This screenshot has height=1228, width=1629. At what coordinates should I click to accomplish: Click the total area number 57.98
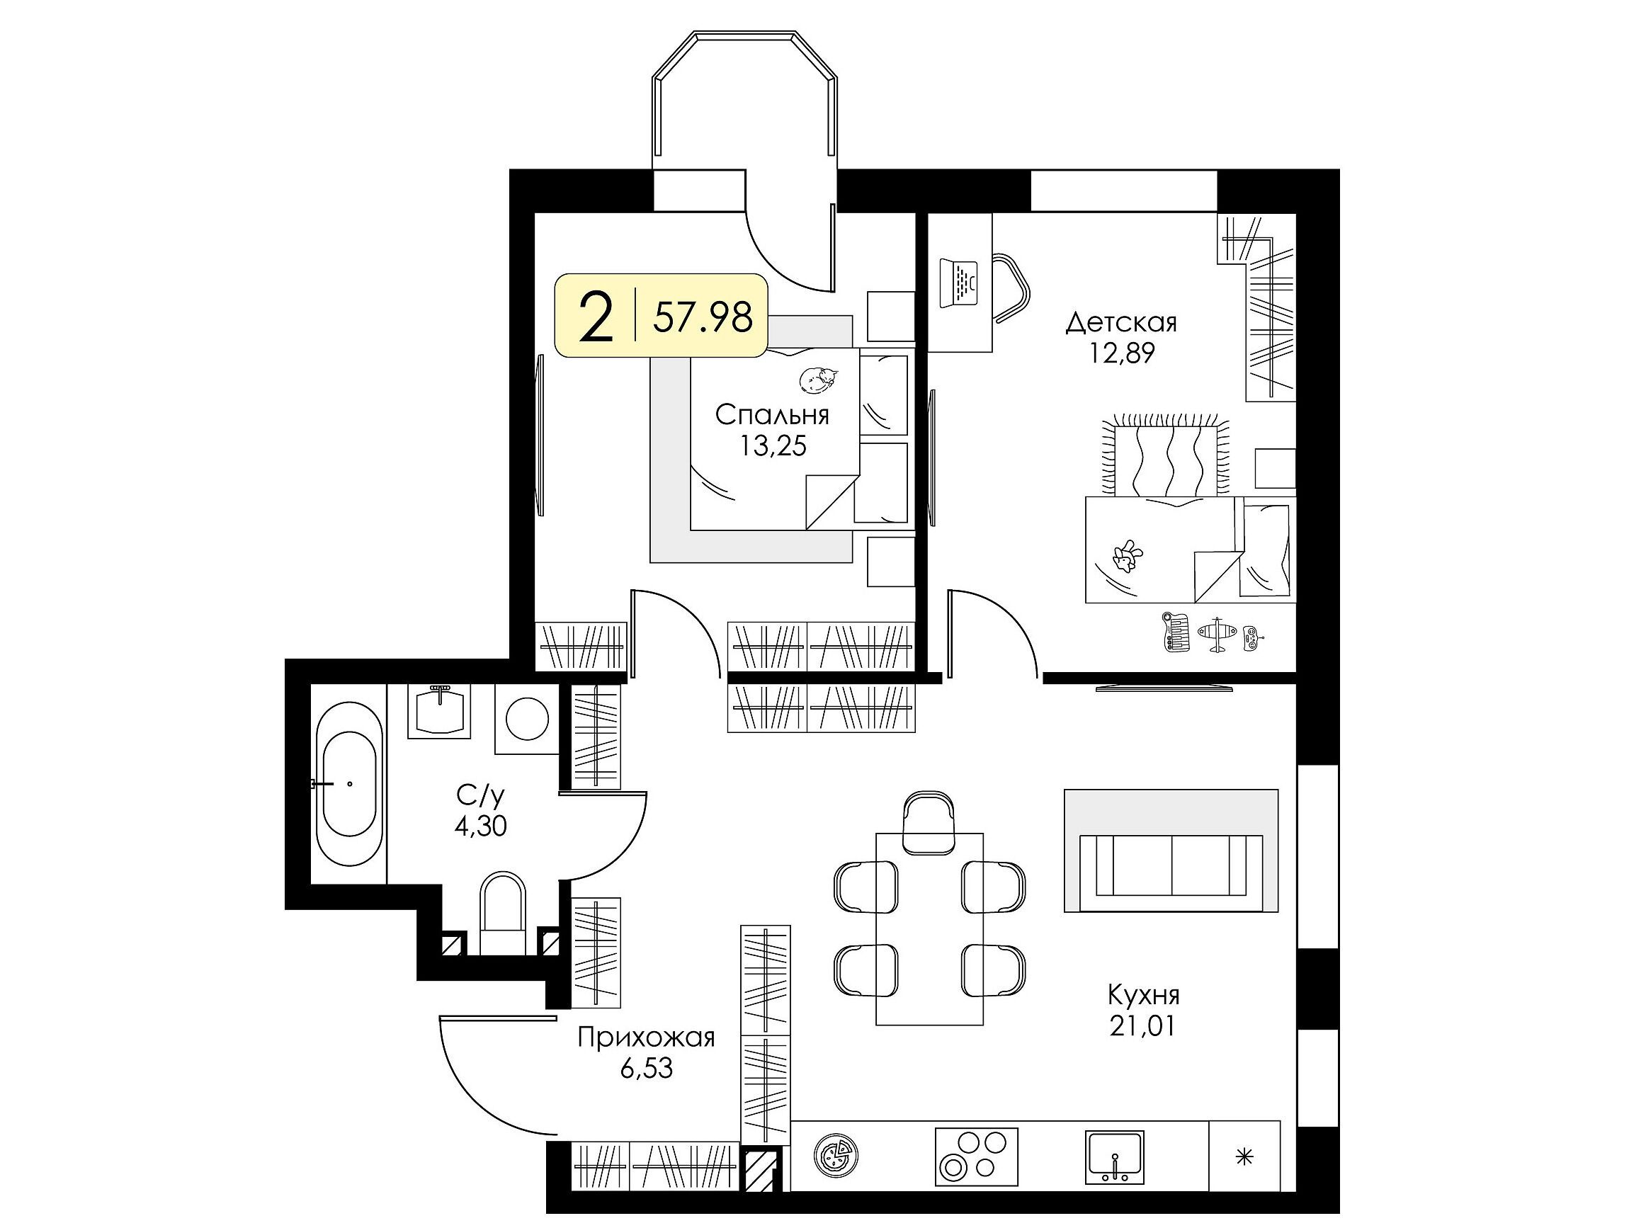703,317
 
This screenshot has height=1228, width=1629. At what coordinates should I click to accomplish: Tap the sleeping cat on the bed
819,379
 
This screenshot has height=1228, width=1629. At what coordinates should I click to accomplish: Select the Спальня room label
773,415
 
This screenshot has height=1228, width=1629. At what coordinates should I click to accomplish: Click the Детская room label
1121,322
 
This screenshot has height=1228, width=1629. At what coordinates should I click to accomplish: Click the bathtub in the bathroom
349,784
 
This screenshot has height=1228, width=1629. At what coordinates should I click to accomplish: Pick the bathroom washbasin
439,710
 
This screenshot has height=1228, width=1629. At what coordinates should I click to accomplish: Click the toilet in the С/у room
504,912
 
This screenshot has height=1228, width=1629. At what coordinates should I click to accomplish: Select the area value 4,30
481,826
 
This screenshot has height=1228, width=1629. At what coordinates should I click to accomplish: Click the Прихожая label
647,1038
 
